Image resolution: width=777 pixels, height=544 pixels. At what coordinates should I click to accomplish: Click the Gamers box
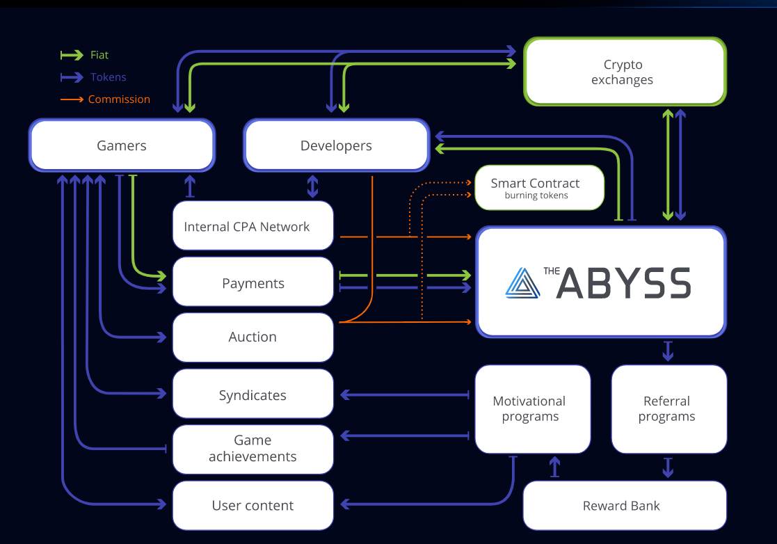coord(122,145)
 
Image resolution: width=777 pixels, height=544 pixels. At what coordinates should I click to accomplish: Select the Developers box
coord(336,145)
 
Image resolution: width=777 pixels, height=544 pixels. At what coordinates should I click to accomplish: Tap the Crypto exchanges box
coord(623,72)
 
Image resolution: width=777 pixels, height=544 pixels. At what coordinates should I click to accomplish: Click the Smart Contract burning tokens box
coord(539,188)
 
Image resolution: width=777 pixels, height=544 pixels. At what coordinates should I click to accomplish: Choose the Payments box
coord(253,282)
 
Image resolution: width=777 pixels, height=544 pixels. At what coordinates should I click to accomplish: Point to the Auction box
coord(253,337)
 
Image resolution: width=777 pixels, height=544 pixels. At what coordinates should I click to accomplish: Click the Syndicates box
coord(253,395)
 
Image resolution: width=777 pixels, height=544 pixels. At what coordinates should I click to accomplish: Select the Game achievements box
coord(253,449)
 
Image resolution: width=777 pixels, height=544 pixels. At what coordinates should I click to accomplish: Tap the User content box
coord(253,506)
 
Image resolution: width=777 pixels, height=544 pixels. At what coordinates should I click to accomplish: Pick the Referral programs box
coord(668,409)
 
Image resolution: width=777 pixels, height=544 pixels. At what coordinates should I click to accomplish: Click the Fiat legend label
coord(99,55)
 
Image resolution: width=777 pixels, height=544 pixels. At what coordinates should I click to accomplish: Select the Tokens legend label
coord(108,77)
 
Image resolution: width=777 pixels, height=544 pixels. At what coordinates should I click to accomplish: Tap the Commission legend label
coord(119,99)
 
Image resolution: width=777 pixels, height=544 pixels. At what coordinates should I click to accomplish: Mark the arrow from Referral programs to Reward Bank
coord(668,467)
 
